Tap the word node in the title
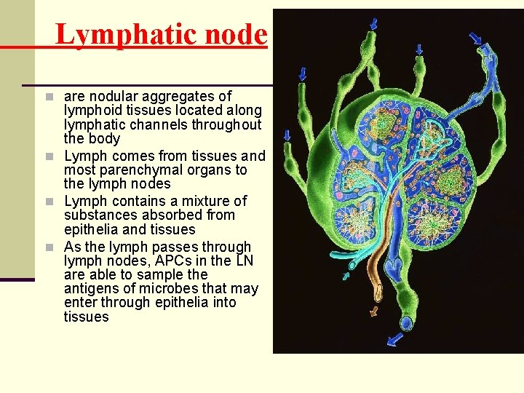click(236, 34)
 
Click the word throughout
click(226, 124)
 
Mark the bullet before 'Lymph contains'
click(48, 201)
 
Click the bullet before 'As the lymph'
click(48, 247)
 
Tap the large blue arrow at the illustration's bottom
click(395, 339)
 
